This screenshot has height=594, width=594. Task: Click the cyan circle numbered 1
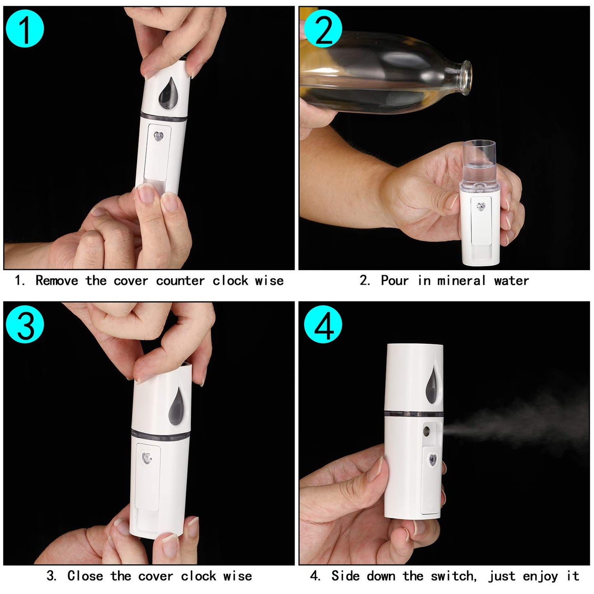pyautogui.click(x=25, y=29)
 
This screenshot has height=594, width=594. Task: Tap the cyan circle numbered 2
pyautogui.click(x=323, y=29)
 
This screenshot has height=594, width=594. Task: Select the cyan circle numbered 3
pyautogui.click(x=25, y=324)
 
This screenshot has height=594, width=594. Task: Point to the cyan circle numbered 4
pyautogui.click(x=323, y=324)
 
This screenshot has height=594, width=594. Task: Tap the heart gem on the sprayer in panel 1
pyautogui.click(x=158, y=136)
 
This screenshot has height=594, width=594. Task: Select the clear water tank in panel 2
pyautogui.click(x=479, y=164)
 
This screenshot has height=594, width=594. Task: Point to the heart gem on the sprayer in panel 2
pyautogui.click(x=481, y=206)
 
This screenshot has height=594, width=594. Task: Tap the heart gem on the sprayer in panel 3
pyautogui.click(x=147, y=458)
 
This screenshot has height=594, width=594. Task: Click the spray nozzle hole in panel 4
pyautogui.click(x=427, y=431)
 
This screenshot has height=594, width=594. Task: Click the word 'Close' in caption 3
pyautogui.click(x=85, y=576)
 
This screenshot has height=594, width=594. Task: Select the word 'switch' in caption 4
pyautogui.click(x=453, y=576)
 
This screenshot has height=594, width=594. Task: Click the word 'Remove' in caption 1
pyautogui.click(x=56, y=281)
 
